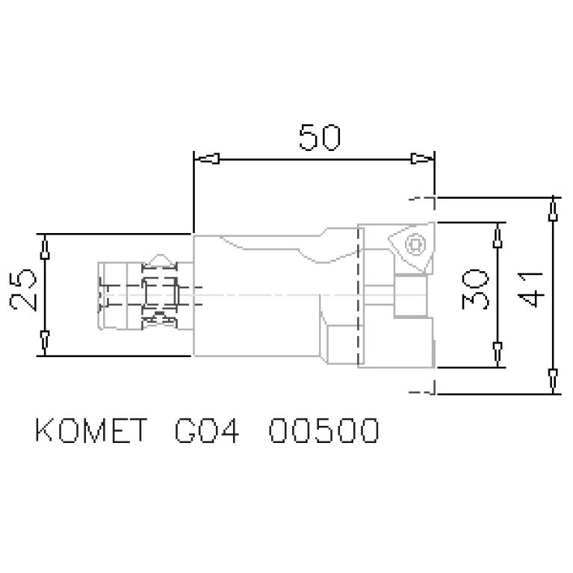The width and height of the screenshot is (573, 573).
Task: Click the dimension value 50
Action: (x=319, y=138)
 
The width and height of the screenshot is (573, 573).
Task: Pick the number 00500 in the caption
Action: (x=323, y=433)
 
